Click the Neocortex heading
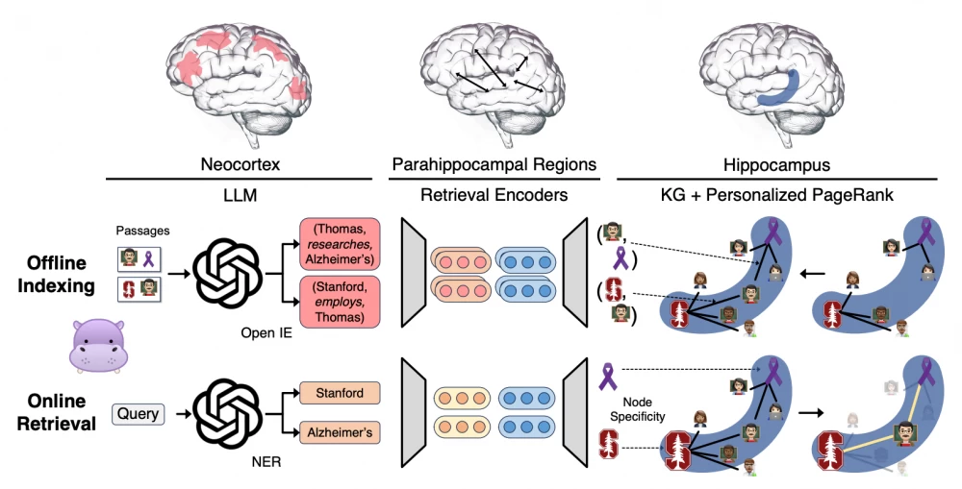click(x=241, y=165)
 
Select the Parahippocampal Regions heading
click(x=494, y=165)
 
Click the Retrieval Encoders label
click(x=494, y=195)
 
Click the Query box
click(x=139, y=414)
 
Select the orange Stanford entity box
click(x=339, y=393)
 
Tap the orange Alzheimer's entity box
click(x=339, y=433)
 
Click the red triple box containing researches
click(x=339, y=245)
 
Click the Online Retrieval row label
click(x=57, y=411)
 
